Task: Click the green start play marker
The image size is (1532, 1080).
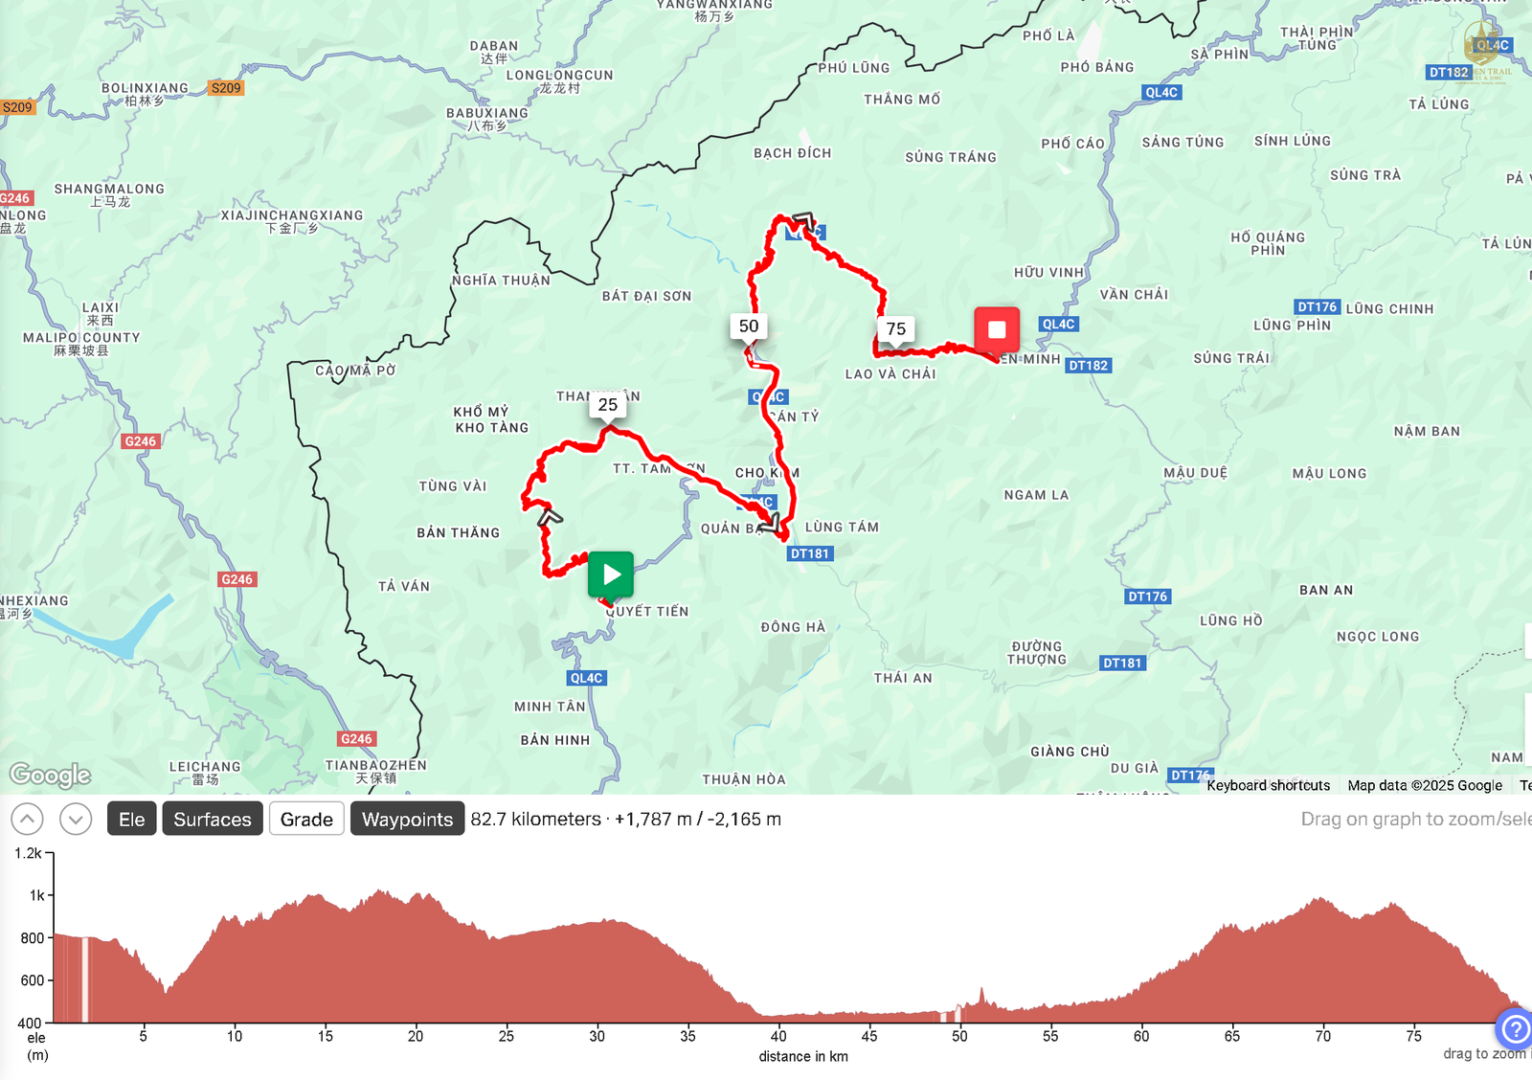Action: (611, 574)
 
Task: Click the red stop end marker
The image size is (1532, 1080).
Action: (997, 329)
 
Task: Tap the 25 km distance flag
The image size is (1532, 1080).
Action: (608, 405)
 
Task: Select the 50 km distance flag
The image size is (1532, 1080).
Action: (749, 326)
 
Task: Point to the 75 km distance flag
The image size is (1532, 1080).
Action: (896, 329)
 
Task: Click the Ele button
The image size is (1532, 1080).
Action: (132, 820)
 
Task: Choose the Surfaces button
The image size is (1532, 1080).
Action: (213, 820)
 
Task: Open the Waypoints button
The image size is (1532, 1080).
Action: (407, 820)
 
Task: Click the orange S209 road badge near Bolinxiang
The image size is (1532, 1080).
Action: (226, 88)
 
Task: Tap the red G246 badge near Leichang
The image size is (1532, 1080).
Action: (356, 739)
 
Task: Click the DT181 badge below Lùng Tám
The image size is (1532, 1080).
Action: (810, 553)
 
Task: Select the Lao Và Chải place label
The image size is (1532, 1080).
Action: (890, 374)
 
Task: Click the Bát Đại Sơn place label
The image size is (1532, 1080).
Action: (646, 297)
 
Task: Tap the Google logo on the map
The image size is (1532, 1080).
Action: (50, 775)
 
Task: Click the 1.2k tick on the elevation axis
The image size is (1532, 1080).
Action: (28, 853)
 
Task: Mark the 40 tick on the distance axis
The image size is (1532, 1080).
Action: (778, 1036)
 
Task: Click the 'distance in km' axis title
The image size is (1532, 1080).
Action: (803, 1057)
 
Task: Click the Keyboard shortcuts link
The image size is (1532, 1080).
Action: (1268, 786)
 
